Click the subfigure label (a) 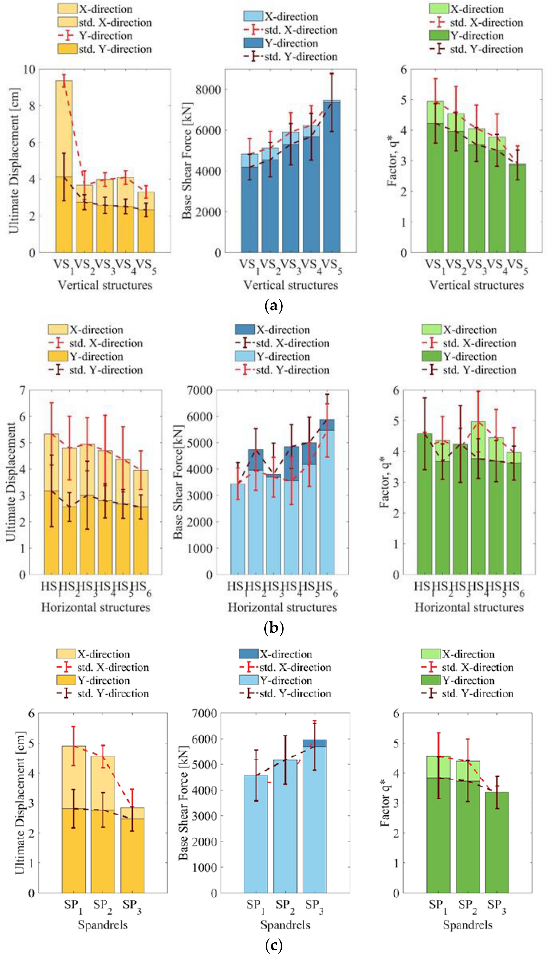coord(273,306)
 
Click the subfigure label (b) coord(273,627)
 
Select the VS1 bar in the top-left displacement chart coord(64,169)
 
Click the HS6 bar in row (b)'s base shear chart coord(327,500)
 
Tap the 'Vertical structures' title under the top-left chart coord(105,285)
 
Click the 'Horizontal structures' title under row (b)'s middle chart coord(282,607)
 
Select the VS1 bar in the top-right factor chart coord(435,180)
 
